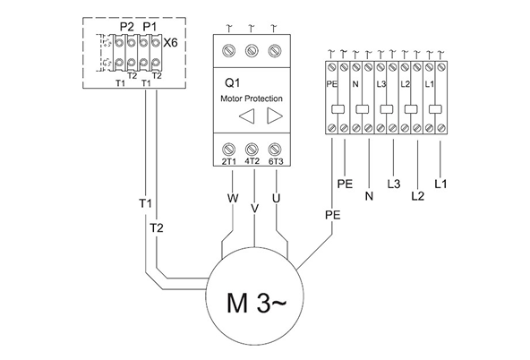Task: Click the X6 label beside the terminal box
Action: tap(171, 41)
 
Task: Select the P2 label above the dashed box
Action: tap(127, 26)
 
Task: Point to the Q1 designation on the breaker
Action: tap(229, 82)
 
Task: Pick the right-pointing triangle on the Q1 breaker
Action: tap(274, 116)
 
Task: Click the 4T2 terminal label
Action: tap(254, 161)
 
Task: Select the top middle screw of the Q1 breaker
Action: tap(254, 49)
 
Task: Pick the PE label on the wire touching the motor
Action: tap(332, 216)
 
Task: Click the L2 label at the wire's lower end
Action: tap(416, 194)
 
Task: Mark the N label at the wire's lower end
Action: tap(368, 194)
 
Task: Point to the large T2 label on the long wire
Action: tap(157, 228)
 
